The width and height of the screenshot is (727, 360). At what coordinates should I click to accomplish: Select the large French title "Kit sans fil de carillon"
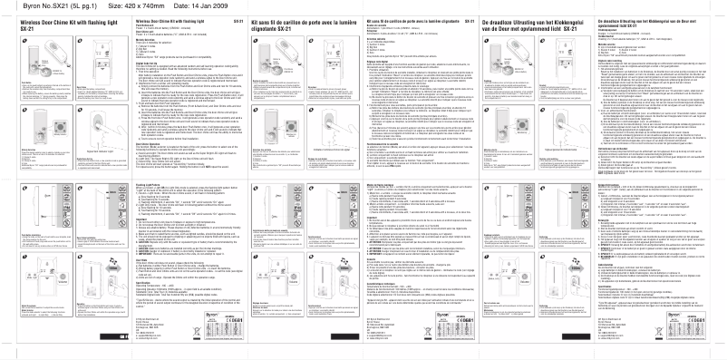point(290,19)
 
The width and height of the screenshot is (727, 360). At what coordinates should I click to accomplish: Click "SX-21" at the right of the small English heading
point(237,19)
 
